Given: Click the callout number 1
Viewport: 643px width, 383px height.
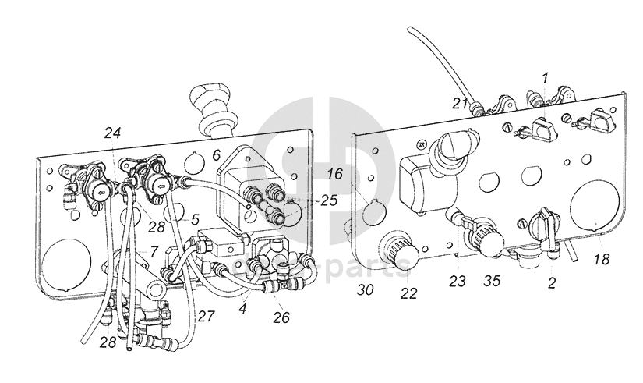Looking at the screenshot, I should tap(545, 77).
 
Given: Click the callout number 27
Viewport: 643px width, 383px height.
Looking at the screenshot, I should tap(206, 317).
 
